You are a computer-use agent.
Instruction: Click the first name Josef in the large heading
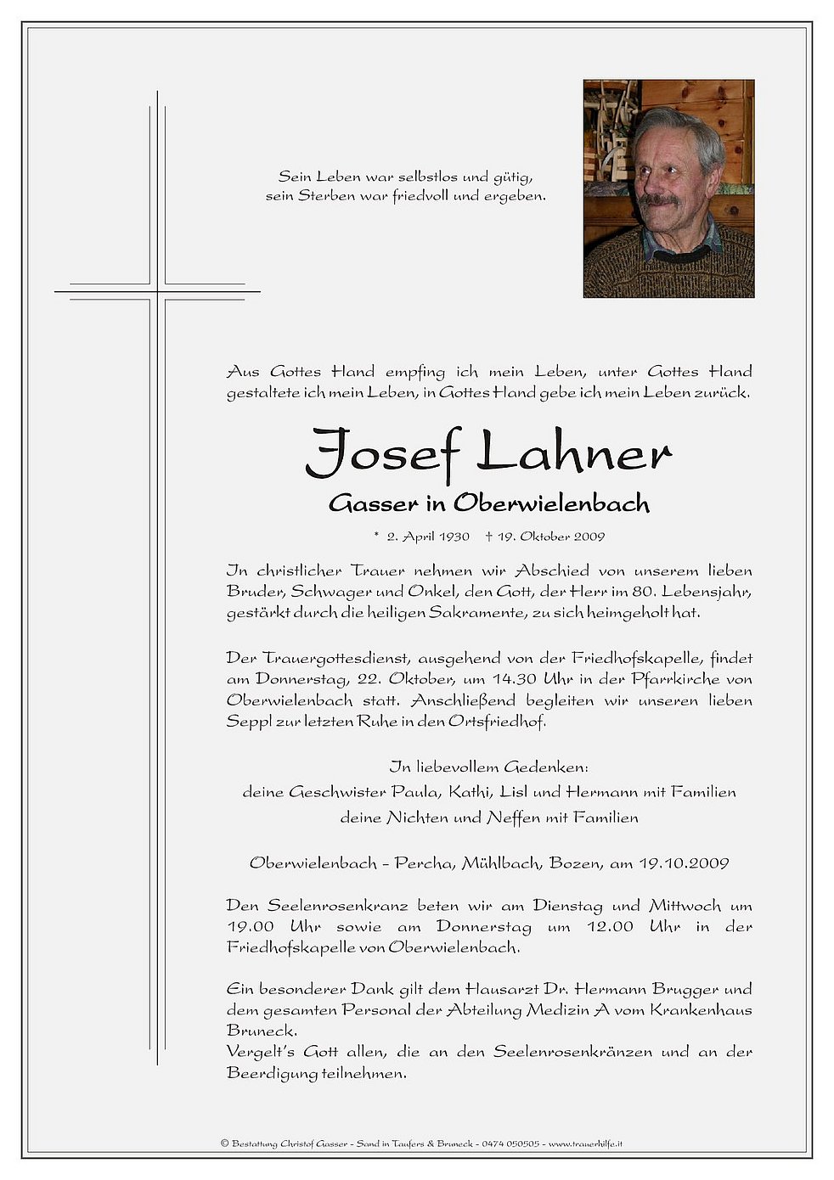click(381, 453)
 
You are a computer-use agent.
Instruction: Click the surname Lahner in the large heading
click(574, 453)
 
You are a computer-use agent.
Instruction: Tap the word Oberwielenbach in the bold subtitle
click(551, 503)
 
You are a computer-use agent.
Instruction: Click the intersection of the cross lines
click(157, 291)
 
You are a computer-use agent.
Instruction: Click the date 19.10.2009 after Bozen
click(683, 863)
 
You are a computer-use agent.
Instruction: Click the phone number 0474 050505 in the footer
click(510, 1143)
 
